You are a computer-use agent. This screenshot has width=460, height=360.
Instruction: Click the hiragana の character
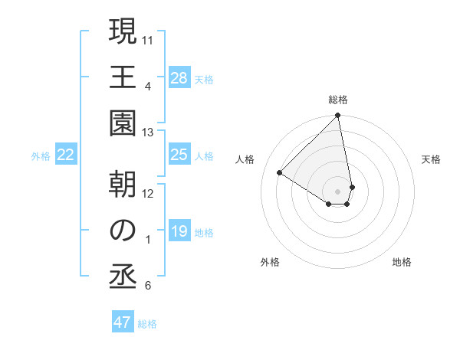tap(122, 230)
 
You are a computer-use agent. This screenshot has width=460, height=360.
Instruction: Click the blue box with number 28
tap(179, 78)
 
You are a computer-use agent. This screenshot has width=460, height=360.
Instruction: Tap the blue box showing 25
tap(179, 155)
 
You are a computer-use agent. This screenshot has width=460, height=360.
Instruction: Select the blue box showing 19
tap(179, 232)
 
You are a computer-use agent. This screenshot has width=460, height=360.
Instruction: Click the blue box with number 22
tap(66, 155)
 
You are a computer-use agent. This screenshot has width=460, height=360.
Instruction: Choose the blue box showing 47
tap(123, 322)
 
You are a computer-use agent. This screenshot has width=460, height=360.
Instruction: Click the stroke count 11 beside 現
tap(149, 39)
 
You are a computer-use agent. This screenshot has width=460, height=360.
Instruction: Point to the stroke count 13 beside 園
tap(148, 133)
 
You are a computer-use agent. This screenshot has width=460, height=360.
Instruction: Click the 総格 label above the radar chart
tap(338, 100)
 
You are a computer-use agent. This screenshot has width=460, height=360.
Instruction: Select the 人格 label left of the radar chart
tap(245, 159)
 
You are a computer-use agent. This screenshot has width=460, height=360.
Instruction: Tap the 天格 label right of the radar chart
tap(431, 159)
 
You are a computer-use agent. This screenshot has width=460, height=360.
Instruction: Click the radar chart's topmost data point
tap(337, 116)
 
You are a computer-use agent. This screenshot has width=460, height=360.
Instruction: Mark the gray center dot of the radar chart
tap(337, 191)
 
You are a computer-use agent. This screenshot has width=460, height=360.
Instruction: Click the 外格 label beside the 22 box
tap(41, 156)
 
